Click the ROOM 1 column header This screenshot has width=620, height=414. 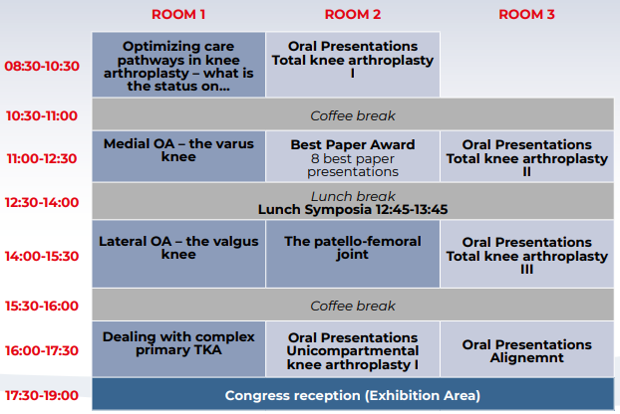point(178,15)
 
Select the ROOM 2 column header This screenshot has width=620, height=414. point(353,15)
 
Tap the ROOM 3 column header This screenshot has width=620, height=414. point(526,15)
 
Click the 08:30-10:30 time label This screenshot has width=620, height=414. point(42,66)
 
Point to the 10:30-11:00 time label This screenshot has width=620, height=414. point(42,116)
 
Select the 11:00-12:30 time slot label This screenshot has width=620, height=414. point(42,158)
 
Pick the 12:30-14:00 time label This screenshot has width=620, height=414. point(42,202)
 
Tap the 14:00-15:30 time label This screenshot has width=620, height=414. point(42,256)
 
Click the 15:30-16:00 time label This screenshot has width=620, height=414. point(42,306)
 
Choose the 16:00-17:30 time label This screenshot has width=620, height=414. point(42,350)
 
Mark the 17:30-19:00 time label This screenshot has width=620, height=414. point(42,395)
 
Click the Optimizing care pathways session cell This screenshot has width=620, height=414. point(178,65)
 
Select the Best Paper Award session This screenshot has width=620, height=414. point(353,156)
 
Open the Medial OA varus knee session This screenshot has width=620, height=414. point(178,156)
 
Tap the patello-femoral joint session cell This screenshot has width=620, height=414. point(353,254)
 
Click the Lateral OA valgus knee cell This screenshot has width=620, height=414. point(178,254)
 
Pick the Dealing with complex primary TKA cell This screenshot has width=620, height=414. point(178,349)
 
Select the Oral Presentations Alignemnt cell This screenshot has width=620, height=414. point(527,349)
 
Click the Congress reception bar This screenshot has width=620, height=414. point(353,394)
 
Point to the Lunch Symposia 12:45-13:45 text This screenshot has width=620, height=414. point(353,210)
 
